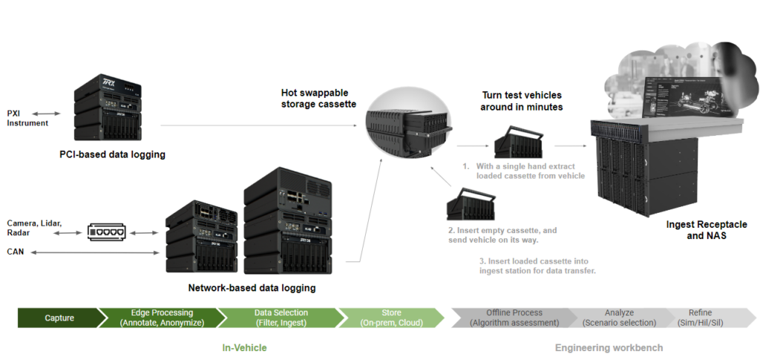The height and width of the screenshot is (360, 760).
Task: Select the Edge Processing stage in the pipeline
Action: pyautogui.click(x=162, y=318)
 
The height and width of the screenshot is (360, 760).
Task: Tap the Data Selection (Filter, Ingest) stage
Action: pyautogui.click(x=281, y=318)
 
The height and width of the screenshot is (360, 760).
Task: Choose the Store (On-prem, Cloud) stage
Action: pyautogui.click(x=390, y=318)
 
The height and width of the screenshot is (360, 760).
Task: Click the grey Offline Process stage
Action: pyautogui.click(x=514, y=318)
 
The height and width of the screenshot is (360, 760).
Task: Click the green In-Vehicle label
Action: pyautogui.click(x=244, y=347)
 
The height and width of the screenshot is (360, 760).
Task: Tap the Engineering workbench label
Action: pyautogui.click(x=609, y=347)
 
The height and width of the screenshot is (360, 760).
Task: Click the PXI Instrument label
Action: pyautogui.click(x=27, y=118)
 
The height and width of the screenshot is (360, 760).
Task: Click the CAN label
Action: pyautogui.click(x=16, y=252)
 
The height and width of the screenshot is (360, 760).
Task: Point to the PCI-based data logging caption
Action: pyautogui.click(x=112, y=155)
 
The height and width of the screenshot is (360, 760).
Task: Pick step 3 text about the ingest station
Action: pyautogui.click(x=537, y=265)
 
